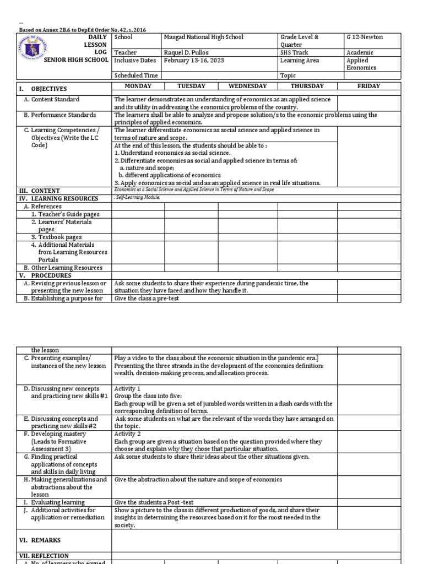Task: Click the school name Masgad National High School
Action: [203, 37]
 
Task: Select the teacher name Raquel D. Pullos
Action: [189, 52]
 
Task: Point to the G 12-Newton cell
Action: [365, 37]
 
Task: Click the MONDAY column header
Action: [138, 86]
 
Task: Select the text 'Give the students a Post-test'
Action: [153, 502]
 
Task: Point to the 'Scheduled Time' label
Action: [135, 75]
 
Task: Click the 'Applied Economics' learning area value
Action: [362, 64]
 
